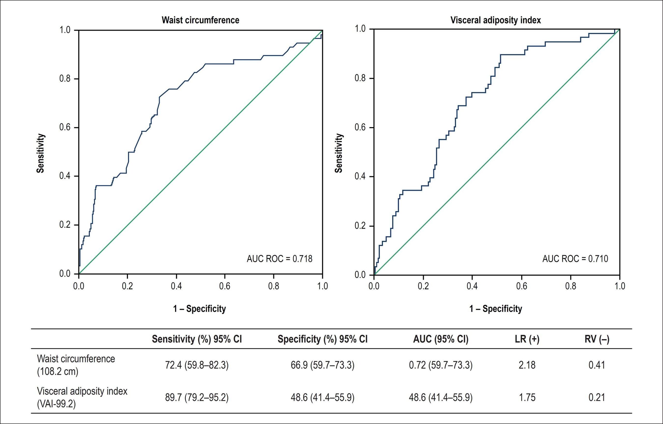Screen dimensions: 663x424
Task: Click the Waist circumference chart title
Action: (x=200, y=20)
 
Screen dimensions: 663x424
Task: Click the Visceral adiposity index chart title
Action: (x=496, y=20)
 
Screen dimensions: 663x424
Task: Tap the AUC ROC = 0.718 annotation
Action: (x=279, y=259)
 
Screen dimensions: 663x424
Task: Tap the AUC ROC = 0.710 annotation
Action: (x=575, y=259)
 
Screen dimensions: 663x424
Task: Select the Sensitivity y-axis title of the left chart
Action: (x=40, y=153)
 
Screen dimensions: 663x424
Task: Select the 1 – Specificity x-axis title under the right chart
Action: (x=496, y=309)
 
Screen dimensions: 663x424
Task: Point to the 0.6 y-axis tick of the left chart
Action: (x=65, y=128)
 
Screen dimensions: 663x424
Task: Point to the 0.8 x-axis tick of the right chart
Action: (x=571, y=286)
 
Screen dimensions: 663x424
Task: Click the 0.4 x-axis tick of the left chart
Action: (x=176, y=286)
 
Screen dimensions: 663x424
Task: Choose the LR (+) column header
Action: (x=527, y=339)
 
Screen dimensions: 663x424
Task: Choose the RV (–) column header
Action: (x=597, y=339)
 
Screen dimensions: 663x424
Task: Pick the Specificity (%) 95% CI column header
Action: (x=322, y=339)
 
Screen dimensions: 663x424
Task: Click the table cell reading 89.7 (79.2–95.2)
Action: (x=197, y=398)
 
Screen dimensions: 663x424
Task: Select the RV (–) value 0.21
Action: (x=597, y=398)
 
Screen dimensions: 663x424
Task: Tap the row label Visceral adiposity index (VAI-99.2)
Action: (x=82, y=398)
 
